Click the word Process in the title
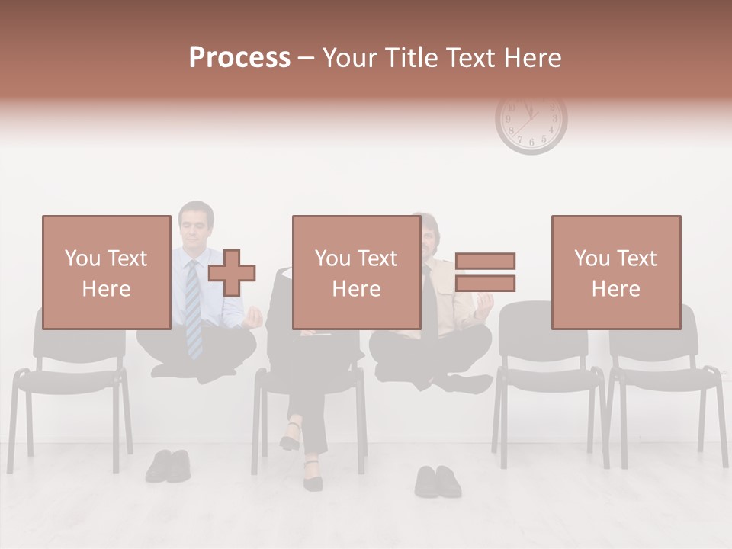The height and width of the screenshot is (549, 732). click(x=239, y=57)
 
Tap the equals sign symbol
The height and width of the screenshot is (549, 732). click(x=486, y=272)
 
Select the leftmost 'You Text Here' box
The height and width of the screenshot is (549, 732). click(x=106, y=272)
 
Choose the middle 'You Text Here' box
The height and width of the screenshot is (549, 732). click(x=356, y=272)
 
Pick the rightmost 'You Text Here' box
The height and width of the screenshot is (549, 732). click(x=615, y=272)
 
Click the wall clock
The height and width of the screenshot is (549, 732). click(x=531, y=122)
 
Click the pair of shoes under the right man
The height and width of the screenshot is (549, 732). click(x=438, y=480)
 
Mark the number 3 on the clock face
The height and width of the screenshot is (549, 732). click(x=555, y=119)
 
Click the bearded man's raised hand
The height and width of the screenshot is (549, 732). click(x=482, y=304)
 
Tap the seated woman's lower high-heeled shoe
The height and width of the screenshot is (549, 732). click(x=313, y=476)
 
